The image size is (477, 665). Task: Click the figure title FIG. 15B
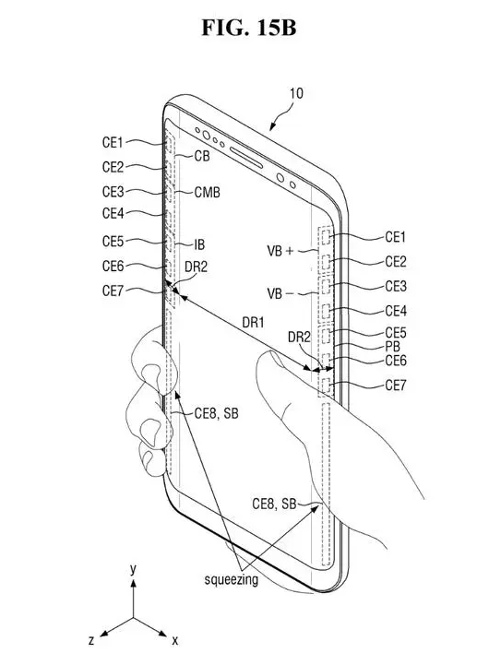click(249, 28)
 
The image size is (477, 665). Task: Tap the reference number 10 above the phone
click(296, 93)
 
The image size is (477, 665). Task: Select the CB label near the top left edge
click(202, 156)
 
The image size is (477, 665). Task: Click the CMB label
click(207, 192)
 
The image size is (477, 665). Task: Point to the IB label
click(199, 244)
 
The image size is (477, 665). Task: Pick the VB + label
click(280, 251)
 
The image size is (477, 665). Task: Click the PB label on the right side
click(392, 346)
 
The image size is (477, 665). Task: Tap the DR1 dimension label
click(253, 323)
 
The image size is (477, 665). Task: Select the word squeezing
click(232, 579)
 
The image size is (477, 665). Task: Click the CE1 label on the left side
click(113, 142)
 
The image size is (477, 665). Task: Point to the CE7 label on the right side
click(396, 386)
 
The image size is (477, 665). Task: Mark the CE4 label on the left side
click(113, 213)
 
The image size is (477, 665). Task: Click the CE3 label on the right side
click(396, 286)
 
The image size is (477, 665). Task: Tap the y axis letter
click(133, 569)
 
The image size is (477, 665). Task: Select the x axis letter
click(174, 640)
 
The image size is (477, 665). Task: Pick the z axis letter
click(91, 640)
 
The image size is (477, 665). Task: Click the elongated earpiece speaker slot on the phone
click(246, 157)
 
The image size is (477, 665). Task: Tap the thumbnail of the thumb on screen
click(277, 359)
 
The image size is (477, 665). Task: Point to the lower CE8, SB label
click(274, 504)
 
